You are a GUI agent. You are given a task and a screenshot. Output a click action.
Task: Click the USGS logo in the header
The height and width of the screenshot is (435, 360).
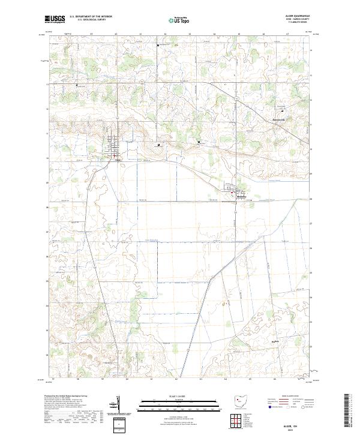click(x=55, y=20)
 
